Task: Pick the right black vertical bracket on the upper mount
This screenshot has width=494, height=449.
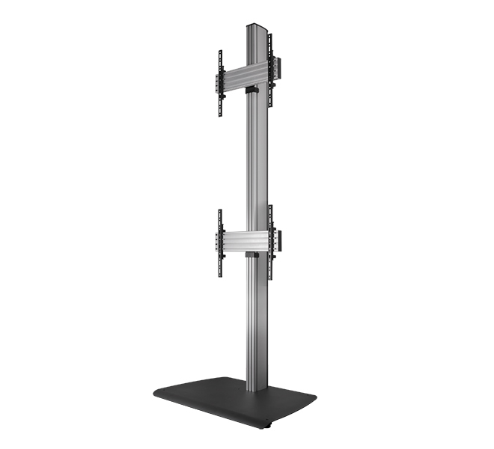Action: pos(270,70)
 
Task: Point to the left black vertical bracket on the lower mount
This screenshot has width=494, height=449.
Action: pos(220,243)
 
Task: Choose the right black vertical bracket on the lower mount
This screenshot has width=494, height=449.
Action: pos(270,241)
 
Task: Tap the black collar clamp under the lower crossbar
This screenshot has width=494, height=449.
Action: pos(253,256)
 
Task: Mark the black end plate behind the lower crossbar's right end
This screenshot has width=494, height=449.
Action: pos(280,240)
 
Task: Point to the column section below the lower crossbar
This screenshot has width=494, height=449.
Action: pos(254,322)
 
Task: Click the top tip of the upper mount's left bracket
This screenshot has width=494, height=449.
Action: pos(220,52)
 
